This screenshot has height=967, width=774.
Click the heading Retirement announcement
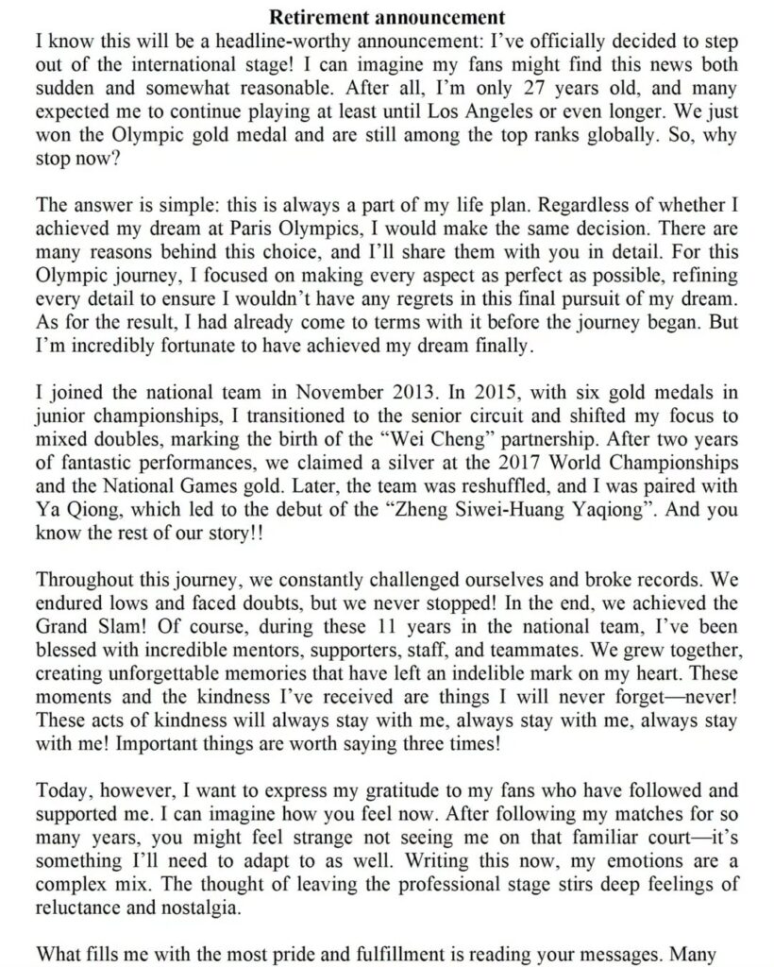[387, 17]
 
